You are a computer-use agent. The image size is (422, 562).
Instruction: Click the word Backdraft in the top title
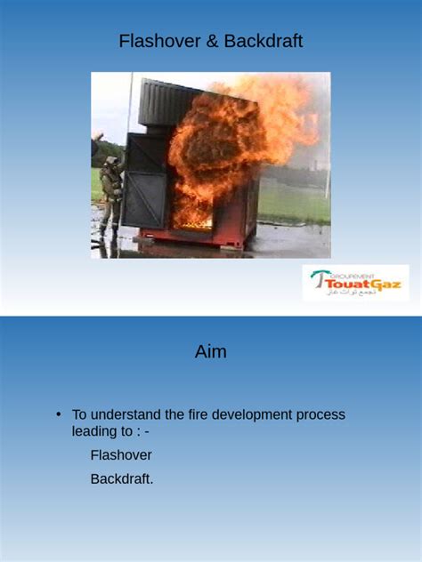tap(264, 41)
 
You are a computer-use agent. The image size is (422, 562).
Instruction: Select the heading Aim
tap(211, 352)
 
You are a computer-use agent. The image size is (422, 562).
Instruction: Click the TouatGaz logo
tap(355, 283)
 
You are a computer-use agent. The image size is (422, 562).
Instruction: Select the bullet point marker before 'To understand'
tap(58, 414)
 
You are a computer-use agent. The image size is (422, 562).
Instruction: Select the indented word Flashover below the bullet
tap(121, 455)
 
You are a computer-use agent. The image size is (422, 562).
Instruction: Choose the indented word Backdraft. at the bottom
tap(122, 479)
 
